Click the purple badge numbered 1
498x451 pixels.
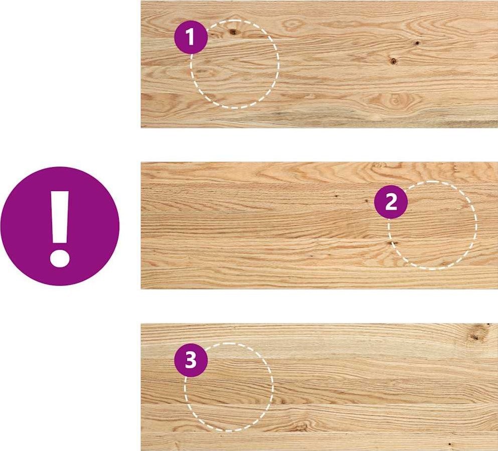click(x=191, y=37)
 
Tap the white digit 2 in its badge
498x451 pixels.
click(x=391, y=202)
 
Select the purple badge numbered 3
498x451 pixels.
click(x=191, y=361)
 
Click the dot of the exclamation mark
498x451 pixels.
click(x=59, y=258)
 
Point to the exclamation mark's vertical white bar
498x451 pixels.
click(x=59, y=217)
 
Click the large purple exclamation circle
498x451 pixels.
click(x=60, y=226)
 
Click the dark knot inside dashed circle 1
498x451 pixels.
click(x=233, y=32)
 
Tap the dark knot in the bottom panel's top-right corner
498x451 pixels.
click(x=476, y=336)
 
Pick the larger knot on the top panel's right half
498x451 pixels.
click(x=393, y=61)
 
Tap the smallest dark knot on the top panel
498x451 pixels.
click(x=417, y=43)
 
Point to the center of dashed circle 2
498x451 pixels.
click(x=432, y=226)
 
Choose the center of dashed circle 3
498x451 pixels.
click(x=229, y=387)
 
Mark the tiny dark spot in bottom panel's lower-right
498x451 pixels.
click(x=450, y=444)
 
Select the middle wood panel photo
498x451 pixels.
click(x=319, y=226)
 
